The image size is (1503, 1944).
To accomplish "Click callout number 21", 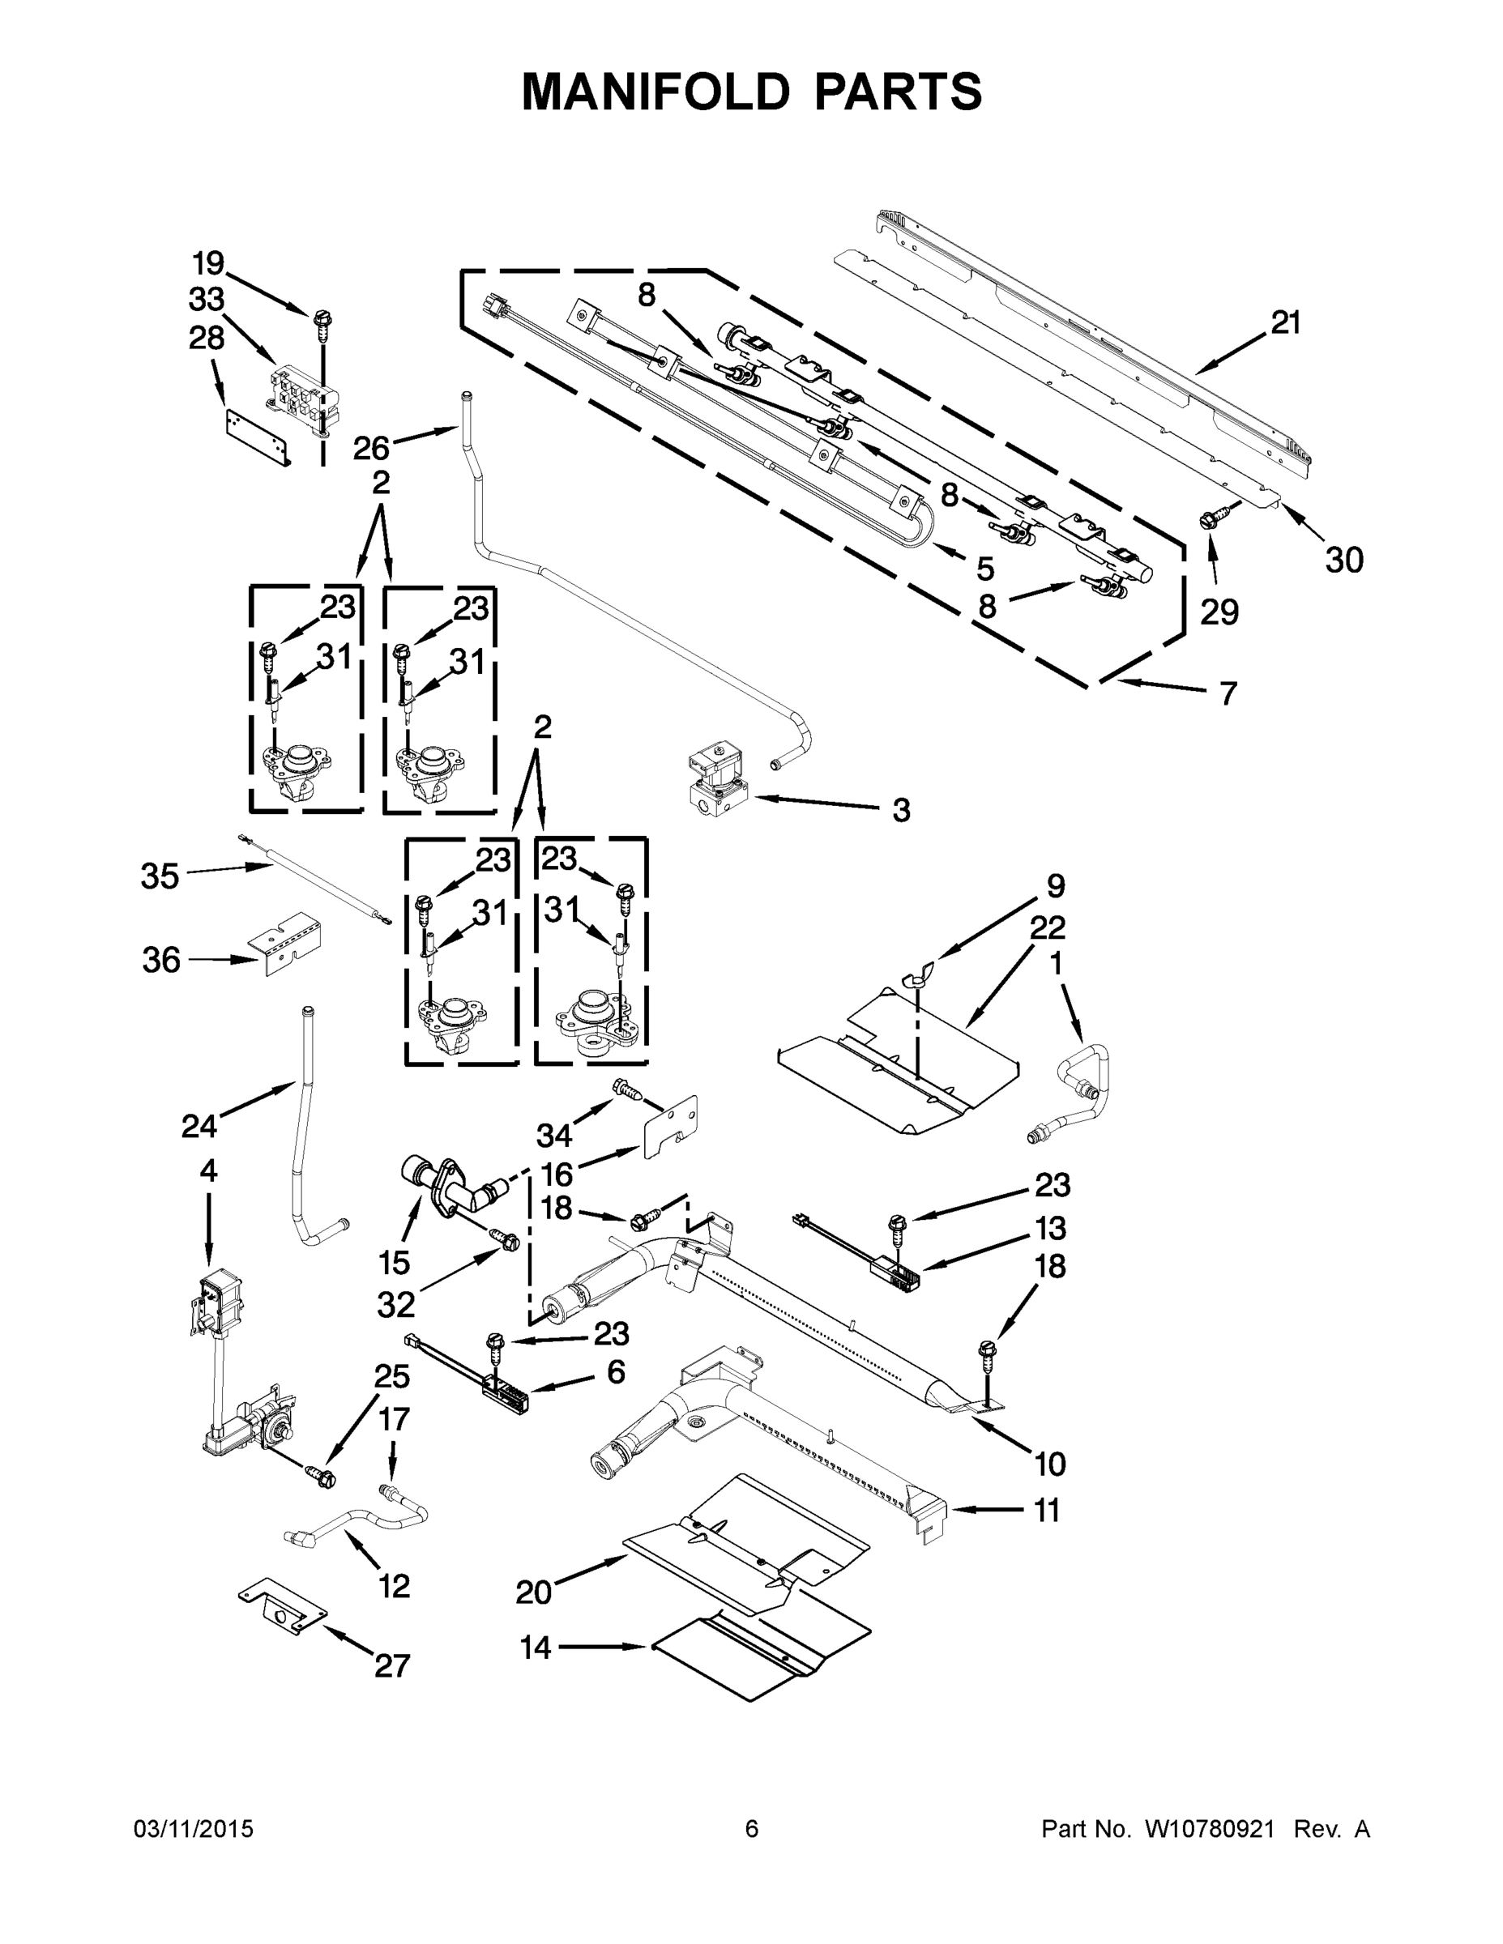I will click(x=1285, y=323).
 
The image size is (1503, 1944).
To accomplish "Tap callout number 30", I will click(x=1343, y=560).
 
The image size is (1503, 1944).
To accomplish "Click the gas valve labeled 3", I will click(x=716, y=778).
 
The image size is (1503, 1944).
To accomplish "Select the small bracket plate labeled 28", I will click(x=258, y=438).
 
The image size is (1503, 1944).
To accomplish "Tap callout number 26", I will click(x=371, y=448).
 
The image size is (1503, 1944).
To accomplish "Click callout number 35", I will click(x=160, y=876).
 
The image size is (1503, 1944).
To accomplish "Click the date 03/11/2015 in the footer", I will click(x=193, y=1829).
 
